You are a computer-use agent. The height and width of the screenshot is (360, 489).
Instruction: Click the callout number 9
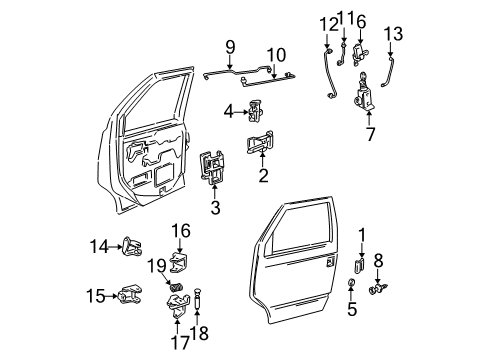[229, 46]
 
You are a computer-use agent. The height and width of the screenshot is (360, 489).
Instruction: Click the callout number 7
[369, 134]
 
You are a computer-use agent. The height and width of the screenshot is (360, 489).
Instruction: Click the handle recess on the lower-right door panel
[329, 263]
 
